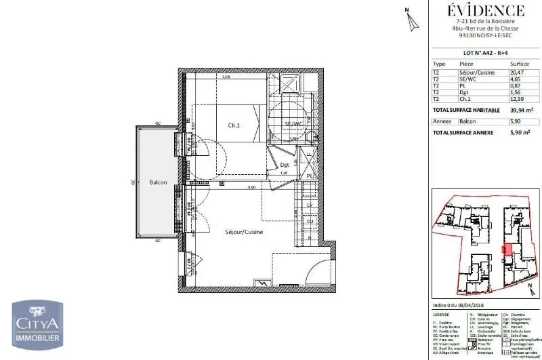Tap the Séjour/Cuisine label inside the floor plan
coord(244,232)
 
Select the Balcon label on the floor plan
coord(158,182)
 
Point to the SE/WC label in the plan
coord(293,124)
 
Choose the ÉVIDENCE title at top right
coord(486,10)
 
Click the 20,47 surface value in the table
coord(516,73)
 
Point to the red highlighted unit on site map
coord(504,249)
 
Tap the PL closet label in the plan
coord(309,176)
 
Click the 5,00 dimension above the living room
coord(251,187)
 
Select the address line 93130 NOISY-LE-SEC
coord(486,36)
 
